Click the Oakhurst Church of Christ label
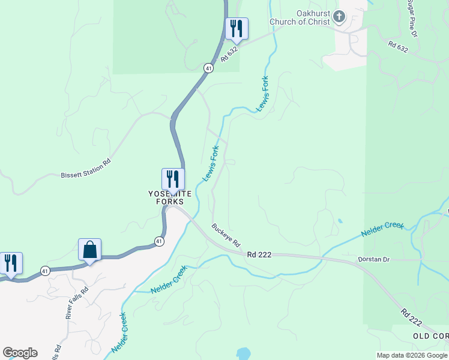pos(300,17)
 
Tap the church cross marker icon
pos(340,17)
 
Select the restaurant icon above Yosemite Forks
pos(172,179)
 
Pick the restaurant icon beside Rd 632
pos(237,28)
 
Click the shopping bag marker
pos(89,249)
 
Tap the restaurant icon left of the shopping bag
pos(11,263)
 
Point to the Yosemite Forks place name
pos(170,197)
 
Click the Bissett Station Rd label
pos(86,169)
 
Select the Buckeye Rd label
pos(226,235)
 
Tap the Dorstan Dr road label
pos(374,259)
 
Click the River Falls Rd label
pos(77,302)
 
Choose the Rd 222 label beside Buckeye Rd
pos(259,254)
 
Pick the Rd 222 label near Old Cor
pos(412,317)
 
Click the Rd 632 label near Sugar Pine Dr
pos(398,47)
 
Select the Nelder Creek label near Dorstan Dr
pos(383,229)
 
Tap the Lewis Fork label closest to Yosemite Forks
pos(211,163)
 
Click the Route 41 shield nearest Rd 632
pos(208,68)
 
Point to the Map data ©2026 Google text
pos(412,355)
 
